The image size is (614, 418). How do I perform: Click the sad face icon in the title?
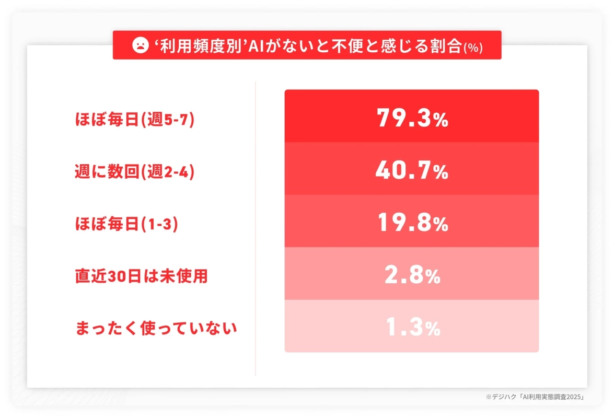(140, 45)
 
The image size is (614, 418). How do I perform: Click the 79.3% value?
(412, 119)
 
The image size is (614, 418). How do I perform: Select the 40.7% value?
(412, 171)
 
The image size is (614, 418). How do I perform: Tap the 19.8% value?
(412, 224)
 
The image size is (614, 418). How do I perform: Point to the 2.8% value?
(412, 276)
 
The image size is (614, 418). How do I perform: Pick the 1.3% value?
(412, 329)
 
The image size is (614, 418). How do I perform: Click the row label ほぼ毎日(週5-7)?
(135, 120)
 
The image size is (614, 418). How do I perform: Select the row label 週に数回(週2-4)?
(135, 172)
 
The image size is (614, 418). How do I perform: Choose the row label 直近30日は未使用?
(141, 276)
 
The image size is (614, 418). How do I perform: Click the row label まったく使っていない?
(156, 329)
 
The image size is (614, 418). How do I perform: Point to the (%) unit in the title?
(473, 47)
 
